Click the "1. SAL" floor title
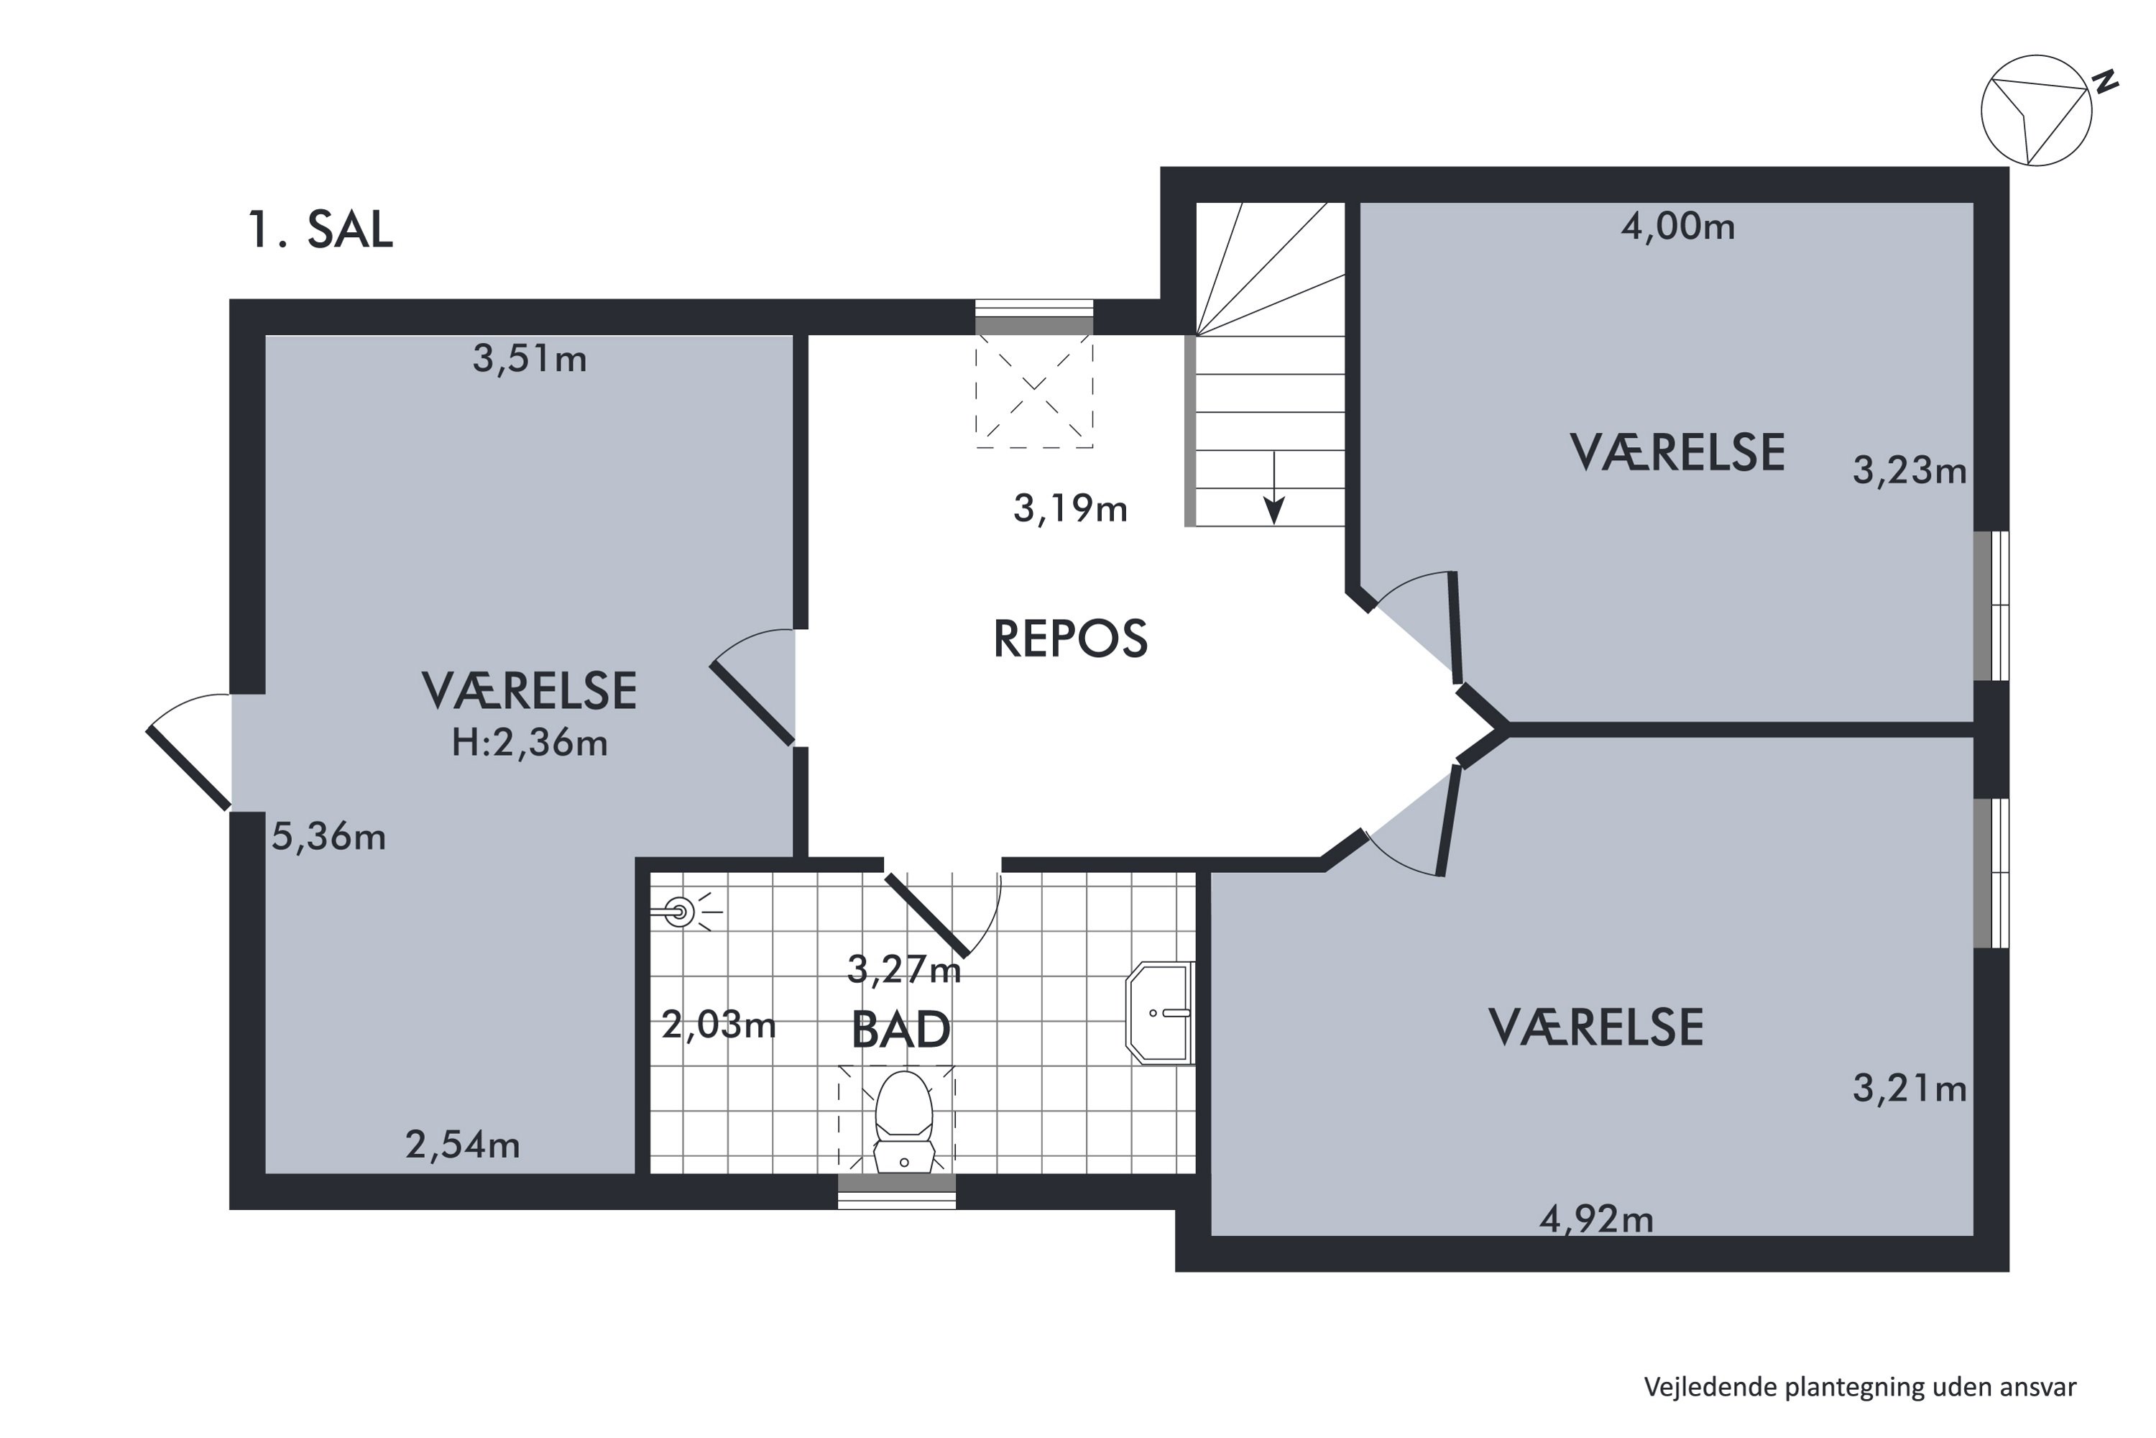(x=321, y=229)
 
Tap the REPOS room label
(x=1071, y=638)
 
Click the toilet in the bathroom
(x=904, y=1122)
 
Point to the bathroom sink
(x=1160, y=1012)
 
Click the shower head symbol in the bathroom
(x=679, y=912)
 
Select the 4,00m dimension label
(x=1677, y=226)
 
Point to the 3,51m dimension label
(x=530, y=359)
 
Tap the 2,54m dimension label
(x=463, y=1145)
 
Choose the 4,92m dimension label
(x=1597, y=1219)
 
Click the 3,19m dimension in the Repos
(x=1071, y=508)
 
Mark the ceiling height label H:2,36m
(x=530, y=743)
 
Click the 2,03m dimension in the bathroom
(x=719, y=1025)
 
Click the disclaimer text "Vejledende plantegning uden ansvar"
(x=1860, y=1387)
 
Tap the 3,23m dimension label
(x=1909, y=470)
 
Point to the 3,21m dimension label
(x=1909, y=1089)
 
